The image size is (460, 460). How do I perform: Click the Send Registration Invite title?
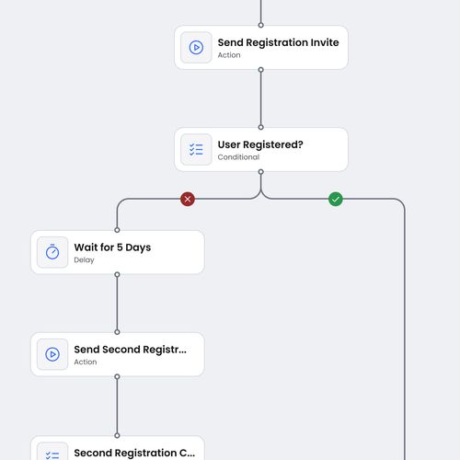[x=278, y=42]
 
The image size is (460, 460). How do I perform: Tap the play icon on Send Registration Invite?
[x=196, y=48]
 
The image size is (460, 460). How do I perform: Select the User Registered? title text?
[x=260, y=144]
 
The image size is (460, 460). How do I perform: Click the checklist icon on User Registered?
[x=196, y=150]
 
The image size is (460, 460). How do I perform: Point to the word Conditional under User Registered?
[x=238, y=157]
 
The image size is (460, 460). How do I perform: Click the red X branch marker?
[x=188, y=199]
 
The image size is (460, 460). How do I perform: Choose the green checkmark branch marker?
[x=336, y=199]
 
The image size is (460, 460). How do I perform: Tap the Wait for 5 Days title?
[x=112, y=247]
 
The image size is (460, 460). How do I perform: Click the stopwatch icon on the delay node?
[x=52, y=252]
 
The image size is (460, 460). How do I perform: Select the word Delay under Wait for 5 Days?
[x=84, y=260]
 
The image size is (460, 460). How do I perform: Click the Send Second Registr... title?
[x=130, y=350]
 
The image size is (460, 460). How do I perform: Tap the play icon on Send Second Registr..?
[x=52, y=354]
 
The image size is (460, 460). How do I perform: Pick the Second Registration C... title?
[x=134, y=453]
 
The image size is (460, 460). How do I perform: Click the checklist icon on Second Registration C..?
[x=52, y=454]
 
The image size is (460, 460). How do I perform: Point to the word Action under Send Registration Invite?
[x=229, y=55]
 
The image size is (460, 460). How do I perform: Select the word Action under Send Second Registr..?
[x=86, y=362]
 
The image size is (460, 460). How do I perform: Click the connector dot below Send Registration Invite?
[x=261, y=69]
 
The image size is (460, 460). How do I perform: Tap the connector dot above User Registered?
[x=261, y=127]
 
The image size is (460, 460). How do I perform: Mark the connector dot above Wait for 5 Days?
[x=117, y=230]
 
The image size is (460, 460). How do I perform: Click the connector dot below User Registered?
[x=261, y=171]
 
